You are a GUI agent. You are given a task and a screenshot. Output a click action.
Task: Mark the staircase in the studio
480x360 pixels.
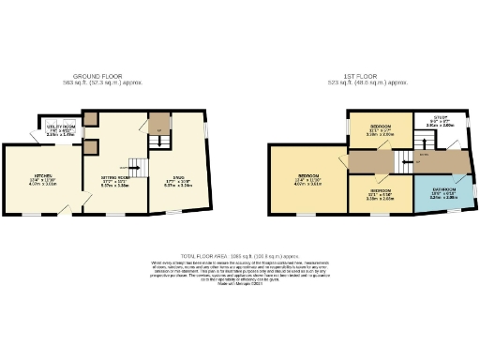pos(160,140)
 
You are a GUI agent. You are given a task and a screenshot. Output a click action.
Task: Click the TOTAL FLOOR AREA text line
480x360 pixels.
pos(240,254)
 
